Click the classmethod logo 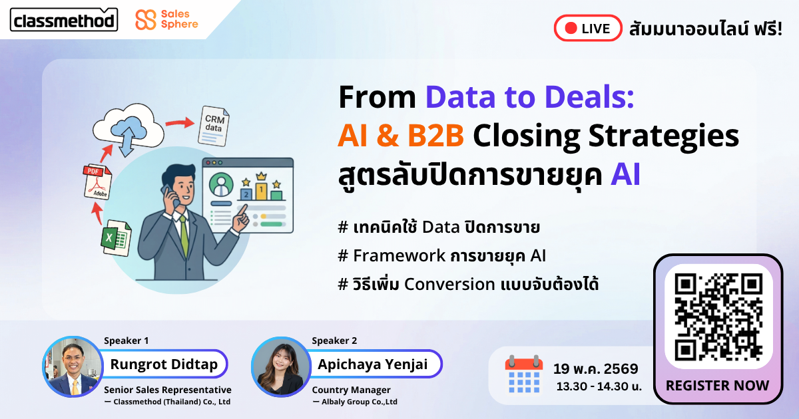[64, 20]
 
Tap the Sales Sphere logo [166, 19]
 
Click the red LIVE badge [588, 28]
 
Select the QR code [718, 317]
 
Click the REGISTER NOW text [717, 386]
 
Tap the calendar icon [524, 375]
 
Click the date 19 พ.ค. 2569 [596, 368]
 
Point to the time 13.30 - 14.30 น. [599, 386]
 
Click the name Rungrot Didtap [164, 364]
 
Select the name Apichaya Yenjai [373, 364]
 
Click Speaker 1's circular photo [73, 366]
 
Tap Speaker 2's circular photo [281, 366]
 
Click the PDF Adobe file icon [97, 182]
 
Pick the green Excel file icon [116, 237]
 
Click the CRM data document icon [214, 126]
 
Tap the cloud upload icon [128, 130]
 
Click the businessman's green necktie [184, 235]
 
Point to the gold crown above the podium [262, 176]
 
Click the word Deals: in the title [589, 97]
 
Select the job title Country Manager [352, 390]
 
